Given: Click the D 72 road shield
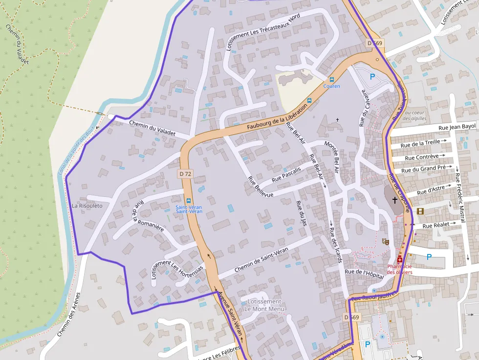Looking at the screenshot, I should pyautogui.click(x=185, y=173).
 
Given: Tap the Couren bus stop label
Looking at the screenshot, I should pyautogui.click(x=331, y=86).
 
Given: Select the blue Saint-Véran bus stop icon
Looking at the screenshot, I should pyautogui.click(x=189, y=200).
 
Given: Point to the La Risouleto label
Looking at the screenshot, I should pyautogui.click(x=87, y=206).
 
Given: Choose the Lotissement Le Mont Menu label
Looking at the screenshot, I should pyautogui.click(x=264, y=305).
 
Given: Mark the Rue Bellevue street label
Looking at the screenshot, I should pyautogui.click(x=260, y=186).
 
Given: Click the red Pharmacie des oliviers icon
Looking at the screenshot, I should pyautogui.click(x=400, y=259).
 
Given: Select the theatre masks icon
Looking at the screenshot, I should pyautogui.click(x=385, y=241).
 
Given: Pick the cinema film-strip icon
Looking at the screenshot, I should pyautogui.click(x=420, y=211).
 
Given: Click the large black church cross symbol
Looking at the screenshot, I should pyautogui.click(x=395, y=200).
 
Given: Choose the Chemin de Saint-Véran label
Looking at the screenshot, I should pyautogui.click(x=261, y=260).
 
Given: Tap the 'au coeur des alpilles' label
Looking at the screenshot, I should pyautogui.click(x=415, y=115).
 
